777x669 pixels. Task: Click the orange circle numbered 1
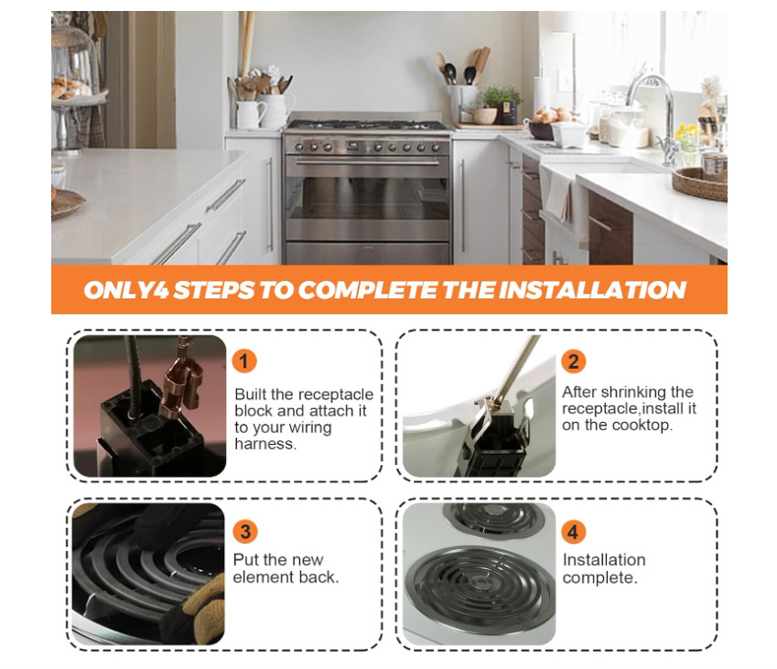tap(243, 361)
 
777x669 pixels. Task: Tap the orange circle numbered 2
tap(573, 361)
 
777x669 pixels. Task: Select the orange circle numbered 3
tap(244, 532)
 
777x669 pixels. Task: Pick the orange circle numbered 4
tap(573, 533)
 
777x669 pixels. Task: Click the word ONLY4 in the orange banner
tap(126, 290)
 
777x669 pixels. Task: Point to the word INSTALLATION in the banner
tap(592, 290)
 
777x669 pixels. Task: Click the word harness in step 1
tap(265, 444)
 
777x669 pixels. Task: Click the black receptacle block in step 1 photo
tap(148, 437)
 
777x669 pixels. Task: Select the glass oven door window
tap(369, 199)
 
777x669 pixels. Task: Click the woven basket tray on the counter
tap(700, 184)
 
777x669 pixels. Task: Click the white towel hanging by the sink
tap(558, 196)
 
